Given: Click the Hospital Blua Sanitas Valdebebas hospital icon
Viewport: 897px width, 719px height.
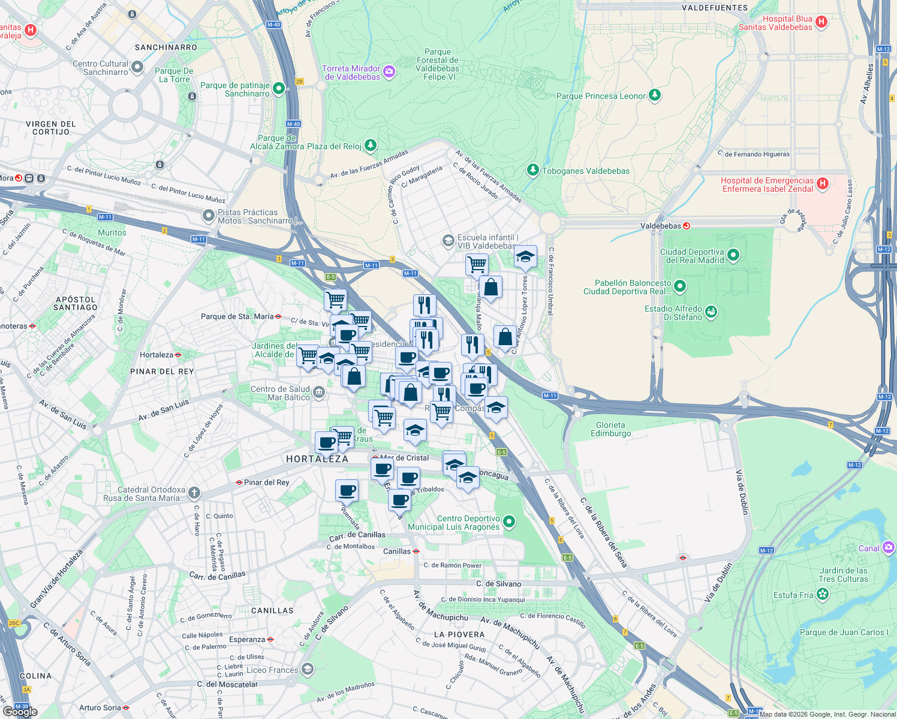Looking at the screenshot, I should click(x=821, y=22).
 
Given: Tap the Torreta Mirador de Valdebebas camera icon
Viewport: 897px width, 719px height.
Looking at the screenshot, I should click(x=389, y=72).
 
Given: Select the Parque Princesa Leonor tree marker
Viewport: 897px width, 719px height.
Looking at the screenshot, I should click(x=655, y=95).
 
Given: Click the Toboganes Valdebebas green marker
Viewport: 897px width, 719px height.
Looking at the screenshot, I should click(x=532, y=170).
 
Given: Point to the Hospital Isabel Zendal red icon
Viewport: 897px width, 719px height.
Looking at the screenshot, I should click(x=822, y=183).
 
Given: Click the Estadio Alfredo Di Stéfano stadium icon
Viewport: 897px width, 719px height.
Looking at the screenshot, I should click(x=711, y=312).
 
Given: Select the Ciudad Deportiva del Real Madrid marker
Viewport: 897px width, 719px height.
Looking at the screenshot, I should click(x=733, y=256).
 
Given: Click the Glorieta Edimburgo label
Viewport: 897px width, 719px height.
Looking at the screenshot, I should click(x=610, y=429).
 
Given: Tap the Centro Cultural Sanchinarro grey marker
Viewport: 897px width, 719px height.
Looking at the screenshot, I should click(x=137, y=67).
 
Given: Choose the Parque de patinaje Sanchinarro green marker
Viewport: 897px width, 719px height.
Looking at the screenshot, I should click(x=278, y=89).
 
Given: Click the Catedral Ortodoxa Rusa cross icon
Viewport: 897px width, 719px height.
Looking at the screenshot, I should click(x=194, y=493).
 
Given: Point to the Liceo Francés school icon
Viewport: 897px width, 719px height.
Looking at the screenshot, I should click(x=308, y=669).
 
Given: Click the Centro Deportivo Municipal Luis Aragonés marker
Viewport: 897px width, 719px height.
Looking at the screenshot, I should click(x=509, y=522).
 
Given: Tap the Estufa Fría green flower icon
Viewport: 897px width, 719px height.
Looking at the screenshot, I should click(x=823, y=594).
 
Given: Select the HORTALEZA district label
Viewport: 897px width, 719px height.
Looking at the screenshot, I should click(x=317, y=459).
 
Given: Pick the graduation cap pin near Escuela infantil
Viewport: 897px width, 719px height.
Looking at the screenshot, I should click(x=525, y=256).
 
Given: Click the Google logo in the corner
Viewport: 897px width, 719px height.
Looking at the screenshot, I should click(x=20, y=711).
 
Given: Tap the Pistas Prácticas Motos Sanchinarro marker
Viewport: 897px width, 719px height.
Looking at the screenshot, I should click(x=208, y=215).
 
